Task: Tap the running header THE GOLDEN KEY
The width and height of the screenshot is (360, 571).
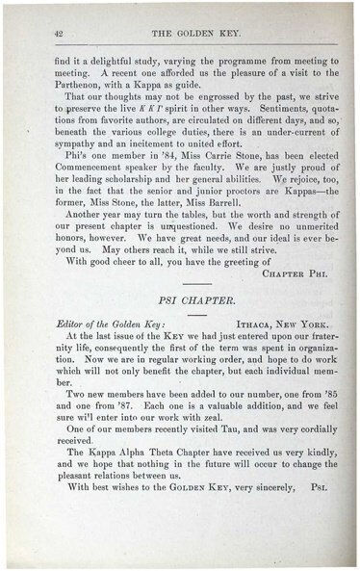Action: click(185, 33)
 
